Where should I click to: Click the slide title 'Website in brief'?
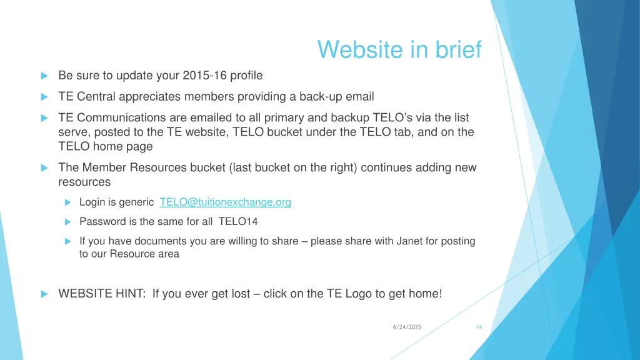pos(399,49)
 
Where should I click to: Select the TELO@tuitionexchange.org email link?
pos(225,202)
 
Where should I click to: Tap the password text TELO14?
pos(238,221)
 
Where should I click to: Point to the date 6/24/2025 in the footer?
pos(407,327)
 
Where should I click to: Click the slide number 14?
pos(479,327)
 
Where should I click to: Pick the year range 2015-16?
pos(205,76)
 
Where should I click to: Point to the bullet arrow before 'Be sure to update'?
pos(44,76)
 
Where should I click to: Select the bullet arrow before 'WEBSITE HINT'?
pos(44,293)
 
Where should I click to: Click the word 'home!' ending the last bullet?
pos(427,293)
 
